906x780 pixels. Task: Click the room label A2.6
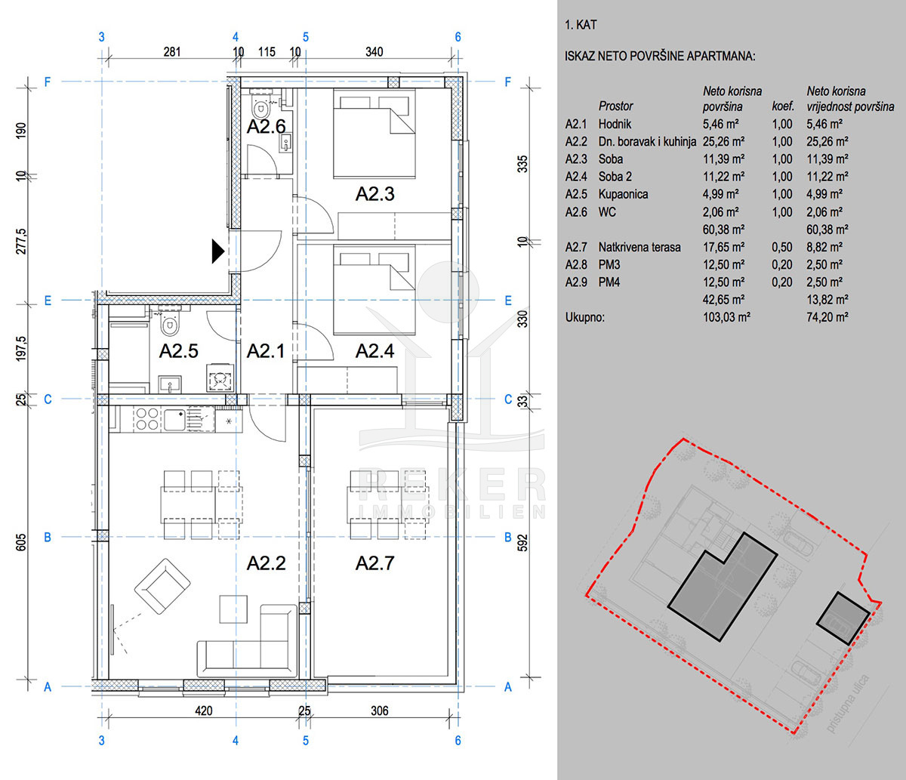266,127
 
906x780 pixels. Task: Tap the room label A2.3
374,194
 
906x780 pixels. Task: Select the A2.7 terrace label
374,563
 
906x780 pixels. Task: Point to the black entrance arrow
218,251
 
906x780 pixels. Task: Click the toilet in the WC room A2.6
260,105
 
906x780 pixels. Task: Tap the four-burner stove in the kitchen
147,419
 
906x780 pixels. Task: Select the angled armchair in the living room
162,586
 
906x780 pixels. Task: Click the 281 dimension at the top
172,52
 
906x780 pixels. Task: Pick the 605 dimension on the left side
21,542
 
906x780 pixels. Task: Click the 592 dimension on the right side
523,542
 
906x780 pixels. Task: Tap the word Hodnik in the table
615,124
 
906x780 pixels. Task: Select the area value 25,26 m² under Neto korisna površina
723,142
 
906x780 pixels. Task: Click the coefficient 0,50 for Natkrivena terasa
781,247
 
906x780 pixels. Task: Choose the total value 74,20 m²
827,317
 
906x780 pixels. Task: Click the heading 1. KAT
581,25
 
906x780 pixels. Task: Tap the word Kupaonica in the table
623,194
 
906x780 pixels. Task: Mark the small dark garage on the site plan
843,618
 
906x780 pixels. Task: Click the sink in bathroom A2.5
169,384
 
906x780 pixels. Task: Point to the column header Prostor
616,106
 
